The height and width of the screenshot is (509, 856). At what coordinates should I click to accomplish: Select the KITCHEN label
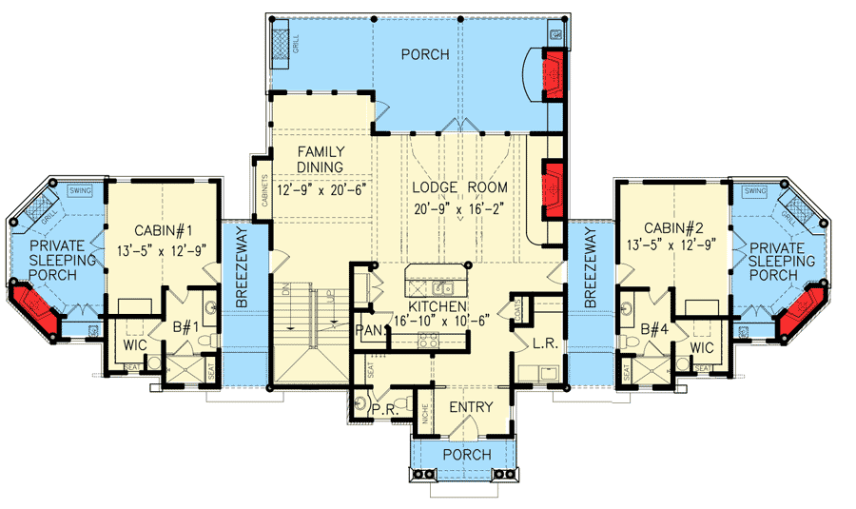coord(437,307)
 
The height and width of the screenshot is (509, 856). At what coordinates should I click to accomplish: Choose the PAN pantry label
coord(368,329)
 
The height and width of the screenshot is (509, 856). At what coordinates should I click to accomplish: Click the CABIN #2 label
coord(673,227)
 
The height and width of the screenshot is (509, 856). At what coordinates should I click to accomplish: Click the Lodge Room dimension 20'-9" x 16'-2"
coord(460,209)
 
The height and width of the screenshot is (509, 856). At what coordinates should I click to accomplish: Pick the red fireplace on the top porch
coord(553,73)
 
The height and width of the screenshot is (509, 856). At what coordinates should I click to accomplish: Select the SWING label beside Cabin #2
coord(756,191)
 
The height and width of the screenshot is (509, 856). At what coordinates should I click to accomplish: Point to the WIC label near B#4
coord(702,348)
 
